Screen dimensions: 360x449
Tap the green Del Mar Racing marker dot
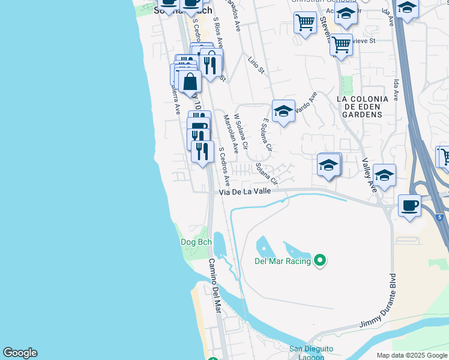click(x=320, y=260)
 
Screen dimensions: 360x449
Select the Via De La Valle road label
click(x=245, y=191)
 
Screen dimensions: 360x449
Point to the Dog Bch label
click(x=196, y=242)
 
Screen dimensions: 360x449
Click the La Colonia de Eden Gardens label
click(x=360, y=106)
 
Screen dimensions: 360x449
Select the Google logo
click(x=20, y=353)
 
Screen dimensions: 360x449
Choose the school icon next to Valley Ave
click(x=384, y=175)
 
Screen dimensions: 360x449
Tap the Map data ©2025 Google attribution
click(x=412, y=355)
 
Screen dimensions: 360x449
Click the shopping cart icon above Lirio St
click(x=305, y=23)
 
